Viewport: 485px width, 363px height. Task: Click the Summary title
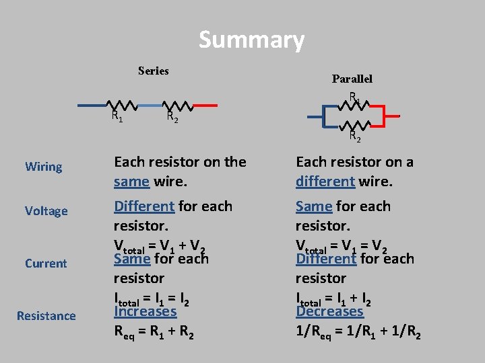click(x=251, y=40)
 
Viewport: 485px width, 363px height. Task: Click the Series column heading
click(x=153, y=71)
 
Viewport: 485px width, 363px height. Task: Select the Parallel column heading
click(x=352, y=79)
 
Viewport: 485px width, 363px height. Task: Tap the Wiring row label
click(x=43, y=167)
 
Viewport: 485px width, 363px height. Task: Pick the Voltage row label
click(x=46, y=211)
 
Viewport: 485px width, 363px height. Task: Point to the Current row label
click(x=46, y=264)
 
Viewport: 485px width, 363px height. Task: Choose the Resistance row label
click(x=46, y=316)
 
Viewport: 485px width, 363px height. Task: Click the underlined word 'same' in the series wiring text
click(x=131, y=182)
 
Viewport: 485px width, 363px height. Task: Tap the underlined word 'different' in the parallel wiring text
click(x=325, y=182)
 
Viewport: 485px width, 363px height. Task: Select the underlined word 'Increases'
click(x=145, y=311)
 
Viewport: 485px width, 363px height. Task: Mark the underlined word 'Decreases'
click(x=329, y=311)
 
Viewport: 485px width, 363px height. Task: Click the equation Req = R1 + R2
click(x=154, y=331)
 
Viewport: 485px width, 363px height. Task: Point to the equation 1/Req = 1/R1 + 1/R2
click(x=358, y=331)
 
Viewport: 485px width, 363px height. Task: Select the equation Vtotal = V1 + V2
click(x=159, y=246)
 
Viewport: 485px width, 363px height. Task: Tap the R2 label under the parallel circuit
click(x=354, y=138)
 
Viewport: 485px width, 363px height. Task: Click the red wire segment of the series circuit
click(x=205, y=106)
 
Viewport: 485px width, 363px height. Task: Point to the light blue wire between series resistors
click(x=150, y=106)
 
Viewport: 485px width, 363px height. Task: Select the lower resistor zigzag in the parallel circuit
click(x=354, y=125)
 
